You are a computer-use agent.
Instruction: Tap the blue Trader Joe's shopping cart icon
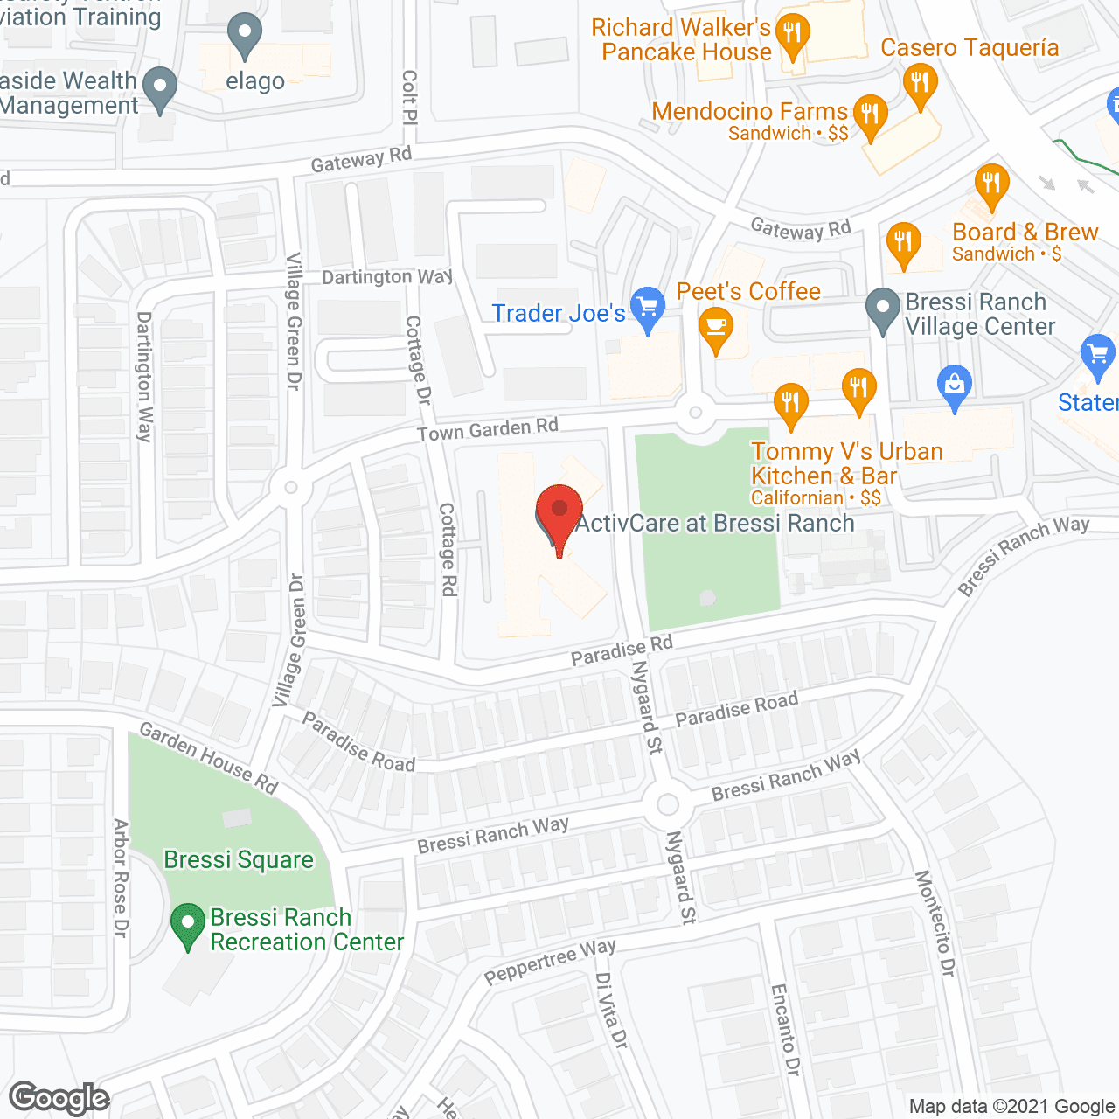[648, 308]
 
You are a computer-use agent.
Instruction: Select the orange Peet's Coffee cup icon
[716, 328]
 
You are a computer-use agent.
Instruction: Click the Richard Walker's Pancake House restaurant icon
[793, 35]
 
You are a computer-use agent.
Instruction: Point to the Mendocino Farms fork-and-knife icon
[869, 115]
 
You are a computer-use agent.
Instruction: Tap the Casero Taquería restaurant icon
[920, 84]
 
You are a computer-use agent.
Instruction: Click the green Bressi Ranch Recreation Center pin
[187, 924]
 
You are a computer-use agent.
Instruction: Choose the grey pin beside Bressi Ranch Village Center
[883, 309]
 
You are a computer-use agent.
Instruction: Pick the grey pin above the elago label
[245, 35]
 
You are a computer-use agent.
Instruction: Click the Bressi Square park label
[239, 860]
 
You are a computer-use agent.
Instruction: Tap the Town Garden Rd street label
[487, 429]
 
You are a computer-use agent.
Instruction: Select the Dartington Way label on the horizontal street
[387, 277]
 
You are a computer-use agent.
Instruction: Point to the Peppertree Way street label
[550, 960]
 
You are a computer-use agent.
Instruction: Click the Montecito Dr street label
[935, 923]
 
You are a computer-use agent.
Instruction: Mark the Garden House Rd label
[209, 758]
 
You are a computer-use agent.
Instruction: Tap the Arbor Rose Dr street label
[121, 878]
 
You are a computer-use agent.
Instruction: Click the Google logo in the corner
[59, 1098]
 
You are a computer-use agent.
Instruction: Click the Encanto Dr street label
[785, 1029]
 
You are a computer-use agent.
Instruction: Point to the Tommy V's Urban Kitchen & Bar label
[846, 463]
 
